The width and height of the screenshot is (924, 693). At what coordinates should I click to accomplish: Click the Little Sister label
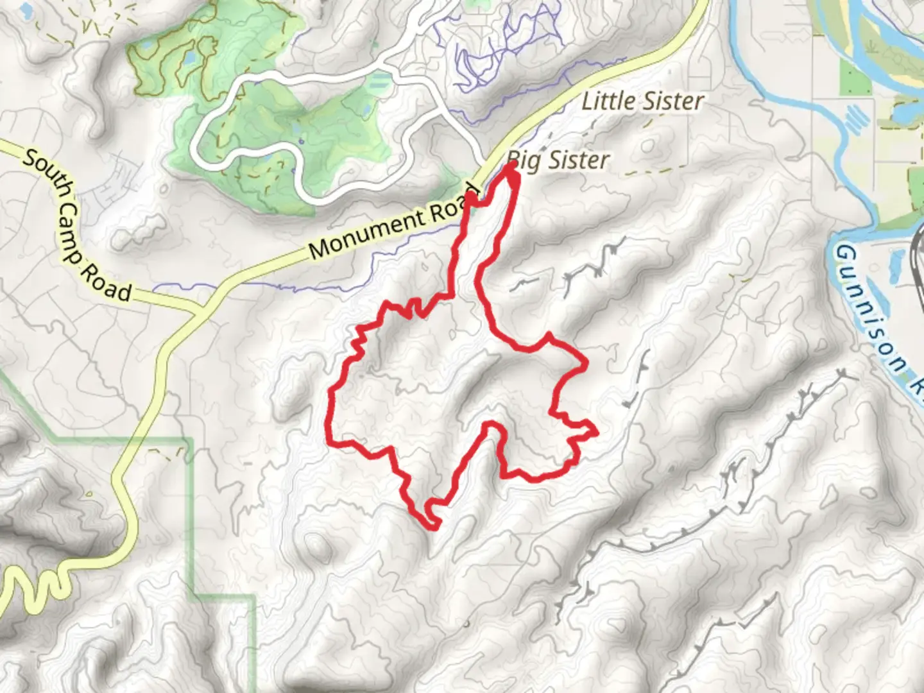pyautogui.click(x=642, y=101)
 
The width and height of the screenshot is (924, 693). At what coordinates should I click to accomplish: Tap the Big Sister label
pyautogui.click(x=558, y=160)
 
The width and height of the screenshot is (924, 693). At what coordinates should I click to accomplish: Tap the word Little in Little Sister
pyautogui.click(x=609, y=101)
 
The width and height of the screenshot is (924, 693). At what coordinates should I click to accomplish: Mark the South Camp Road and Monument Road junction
pyautogui.click(x=198, y=310)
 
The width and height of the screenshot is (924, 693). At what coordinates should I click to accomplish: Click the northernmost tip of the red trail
pyautogui.click(x=512, y=166)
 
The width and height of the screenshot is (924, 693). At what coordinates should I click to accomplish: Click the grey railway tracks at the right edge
pyautogui.click(x=918, y=257)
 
